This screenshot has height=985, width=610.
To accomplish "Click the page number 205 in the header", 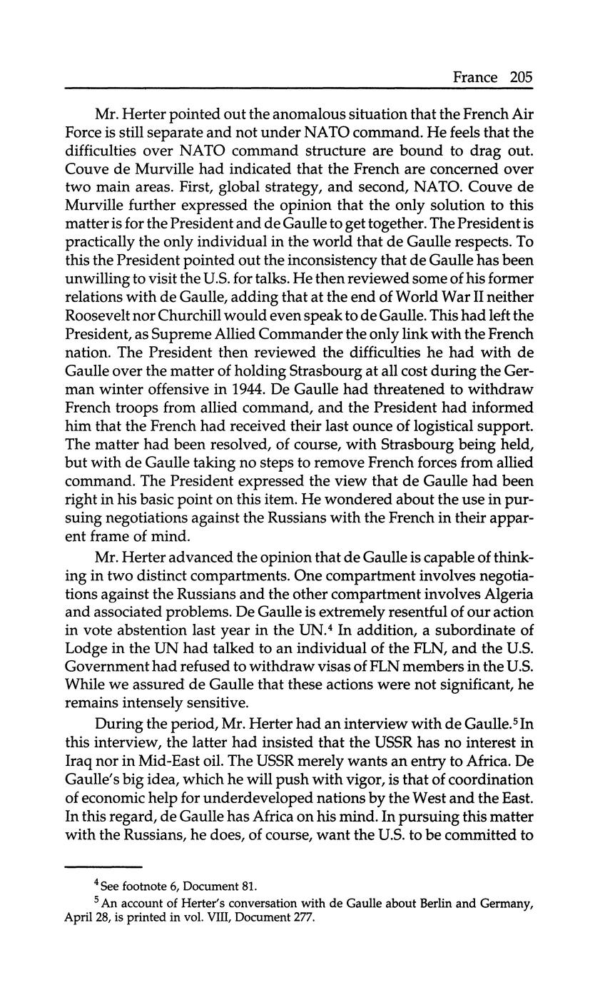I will tap(521, 77).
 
